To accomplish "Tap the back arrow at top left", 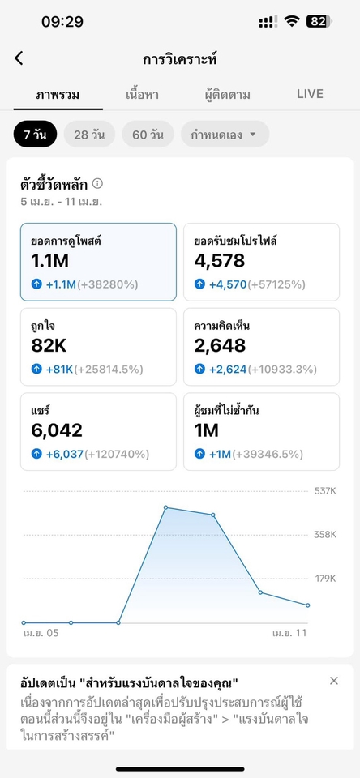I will pos(19,58).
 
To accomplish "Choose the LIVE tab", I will pos(310,94).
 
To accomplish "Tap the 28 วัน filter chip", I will pos(89,135).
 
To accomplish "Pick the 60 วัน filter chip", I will pos(148,135).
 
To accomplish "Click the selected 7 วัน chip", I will pos(35,135).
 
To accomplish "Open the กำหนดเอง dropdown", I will pos(225,135).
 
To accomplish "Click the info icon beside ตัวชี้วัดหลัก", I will pos(98,184).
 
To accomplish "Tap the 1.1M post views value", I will pos(50,261).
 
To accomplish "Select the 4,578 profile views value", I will pos(220,261).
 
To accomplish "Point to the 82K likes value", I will pos(48,346).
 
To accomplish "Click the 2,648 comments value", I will pos(220,346).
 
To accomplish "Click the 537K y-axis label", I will pos(324,490).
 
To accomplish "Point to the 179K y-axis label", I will pos(324,579).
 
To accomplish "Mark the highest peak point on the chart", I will pos(166,507).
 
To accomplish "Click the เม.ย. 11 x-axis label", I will pos(289,633).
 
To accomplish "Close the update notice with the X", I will pos(334,681).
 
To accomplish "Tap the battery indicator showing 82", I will pos(318,22).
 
